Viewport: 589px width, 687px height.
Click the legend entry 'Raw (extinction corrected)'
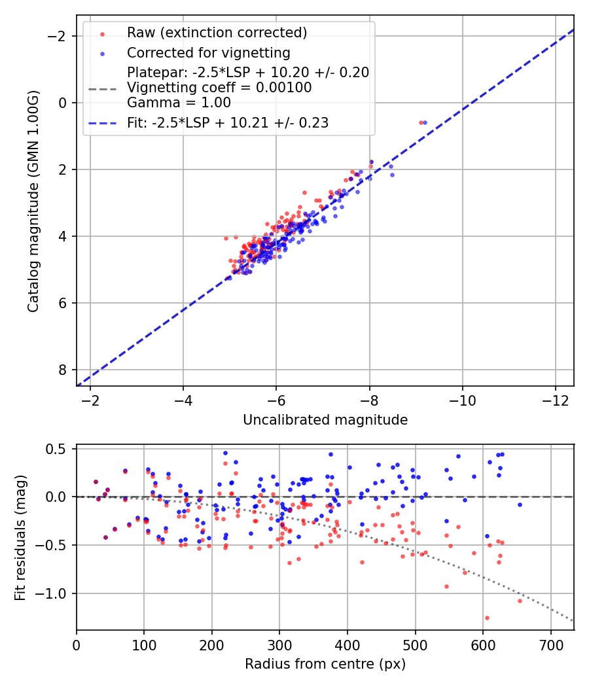tap(217, 32)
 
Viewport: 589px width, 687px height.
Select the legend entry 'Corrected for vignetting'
tap(209, 52)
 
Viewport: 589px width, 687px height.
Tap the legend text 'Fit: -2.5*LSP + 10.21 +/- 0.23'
tap(228, 122)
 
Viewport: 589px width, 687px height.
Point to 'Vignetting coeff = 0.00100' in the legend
tap(219, 87)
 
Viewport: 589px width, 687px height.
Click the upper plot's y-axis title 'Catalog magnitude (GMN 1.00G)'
tap(34, 200)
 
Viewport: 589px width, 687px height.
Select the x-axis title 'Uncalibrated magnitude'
tap(325, 420)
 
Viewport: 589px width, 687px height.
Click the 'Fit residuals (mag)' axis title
tap(20, 537)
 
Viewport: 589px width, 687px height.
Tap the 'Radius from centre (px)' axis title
tap(325, 664)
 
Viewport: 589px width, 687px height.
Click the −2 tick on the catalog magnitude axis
tap(59, 36)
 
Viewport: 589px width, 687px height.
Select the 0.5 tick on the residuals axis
tap(58, 449)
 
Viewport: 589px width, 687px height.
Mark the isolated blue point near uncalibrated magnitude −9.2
tap(425, 122)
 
